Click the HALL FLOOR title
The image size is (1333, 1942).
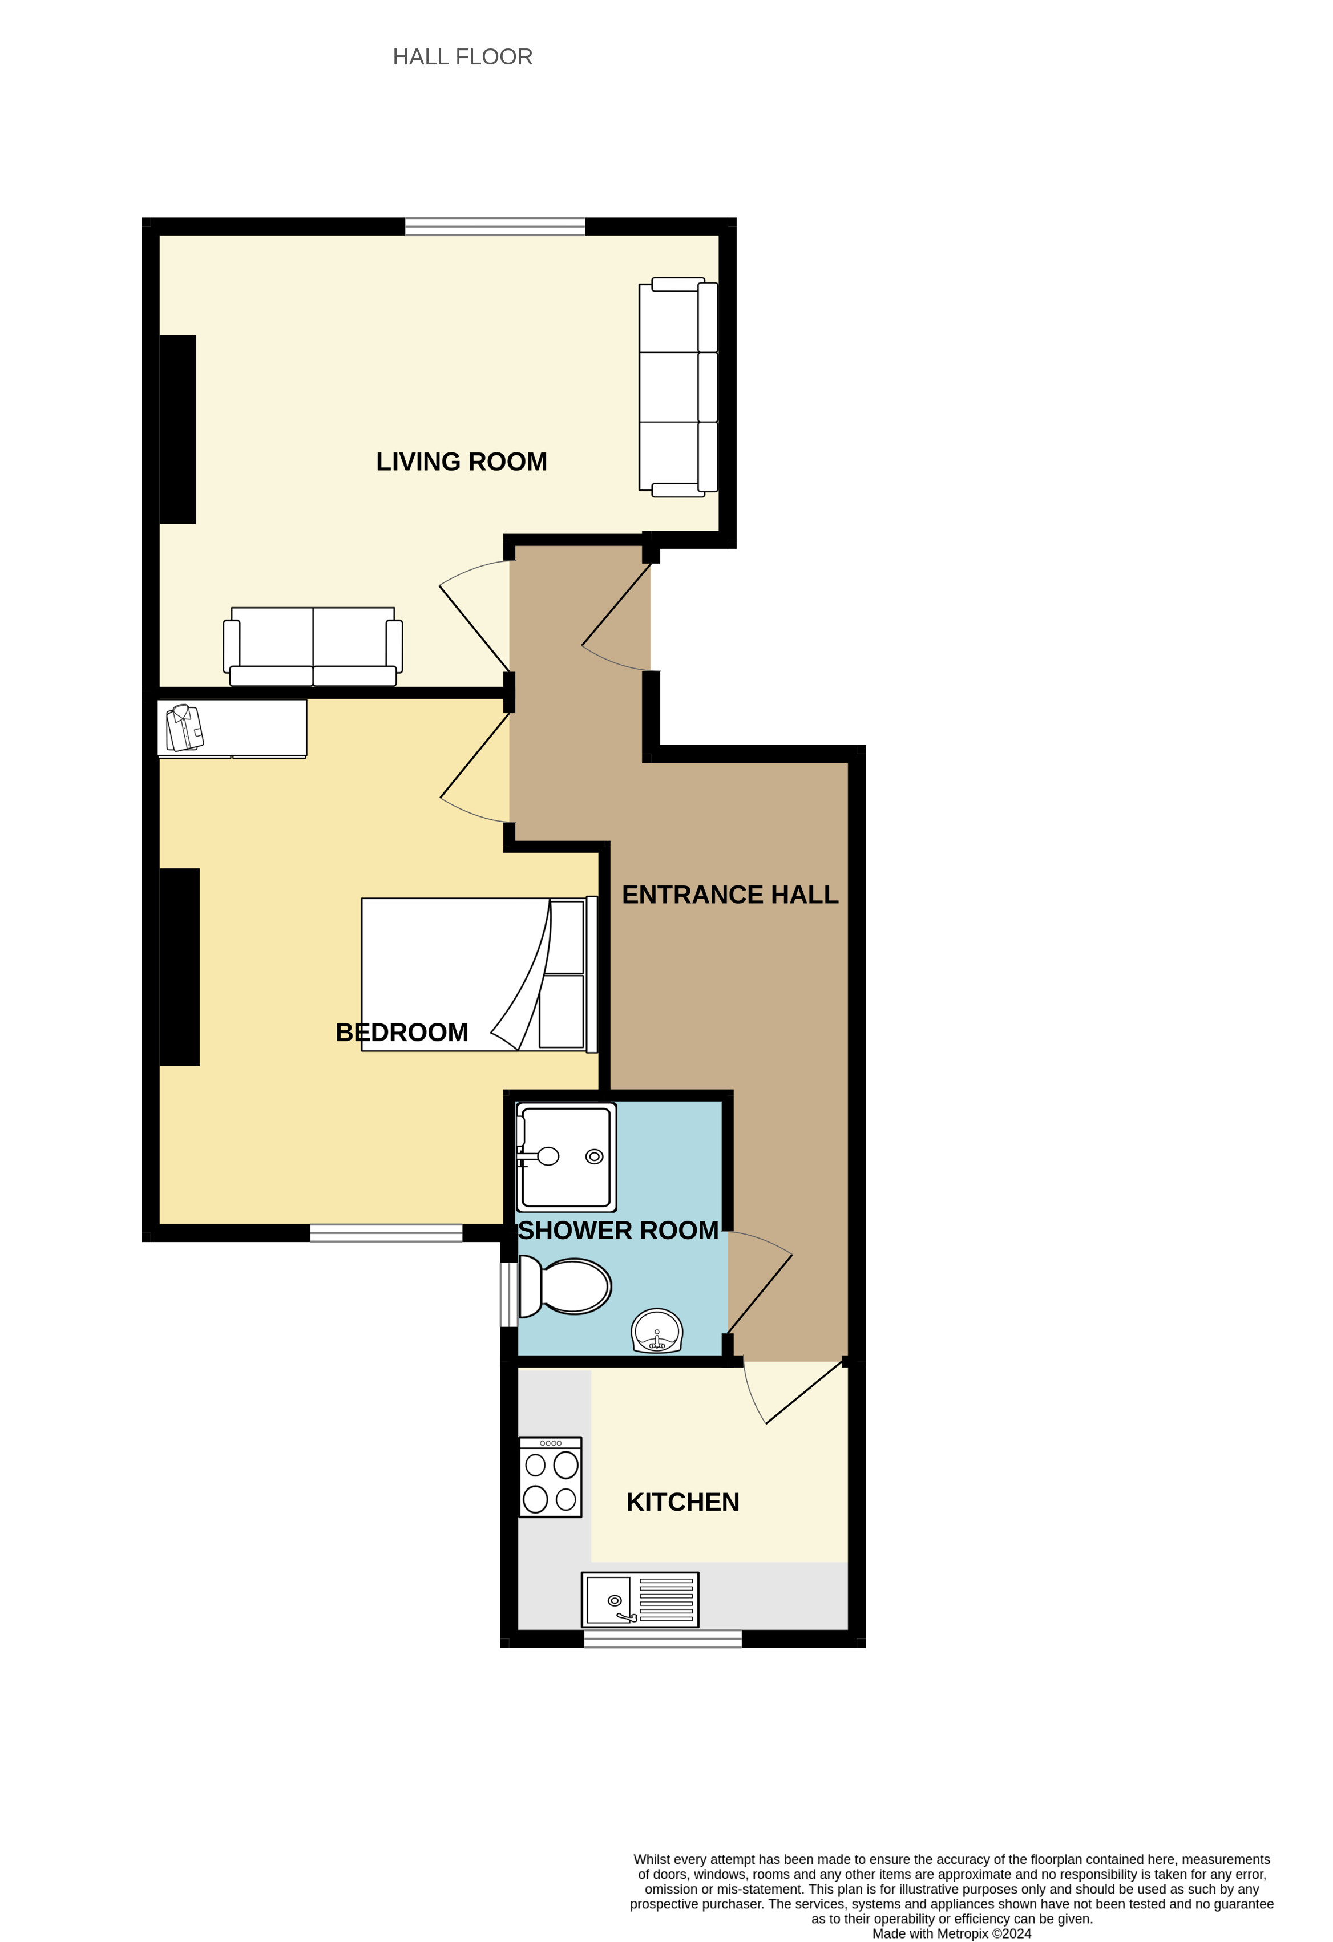point(462,57)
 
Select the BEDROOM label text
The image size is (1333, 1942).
point(401,1032)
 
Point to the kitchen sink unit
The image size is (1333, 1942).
point(640,1600)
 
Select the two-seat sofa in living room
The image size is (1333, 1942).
point(313,647)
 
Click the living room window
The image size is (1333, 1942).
point(495,226)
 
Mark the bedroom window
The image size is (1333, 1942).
point(386,1232)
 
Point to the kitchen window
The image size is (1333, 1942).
point(662,1638)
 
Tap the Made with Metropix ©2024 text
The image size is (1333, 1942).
point(951,1933)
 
